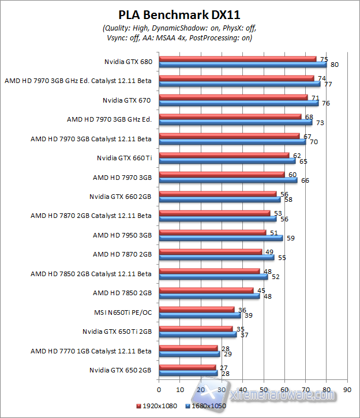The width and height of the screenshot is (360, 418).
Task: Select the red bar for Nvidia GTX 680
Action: pyautogui.click(x=238, y=58)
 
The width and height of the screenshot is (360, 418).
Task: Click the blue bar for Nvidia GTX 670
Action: pyautogui.click(x=238, y=103)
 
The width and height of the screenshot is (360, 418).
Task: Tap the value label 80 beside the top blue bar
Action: pyautogui.click(x=334, y=65)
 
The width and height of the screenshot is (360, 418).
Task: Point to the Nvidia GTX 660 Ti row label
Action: pyautogui.click(x=123, y=157)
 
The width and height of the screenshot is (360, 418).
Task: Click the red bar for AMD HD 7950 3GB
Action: pyautogui.click(x=212, y=232)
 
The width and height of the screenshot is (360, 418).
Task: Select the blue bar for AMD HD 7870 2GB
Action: pyautogui.click(x=216, y=257)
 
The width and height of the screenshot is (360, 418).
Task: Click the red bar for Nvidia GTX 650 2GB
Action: pyautogui.click(x=187, y=367)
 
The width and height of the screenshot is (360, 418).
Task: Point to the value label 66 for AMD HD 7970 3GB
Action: pyautogui.click(x=305, y=180)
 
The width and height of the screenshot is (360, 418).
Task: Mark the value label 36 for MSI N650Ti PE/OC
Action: pyautogui.click(x=242, y=310)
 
